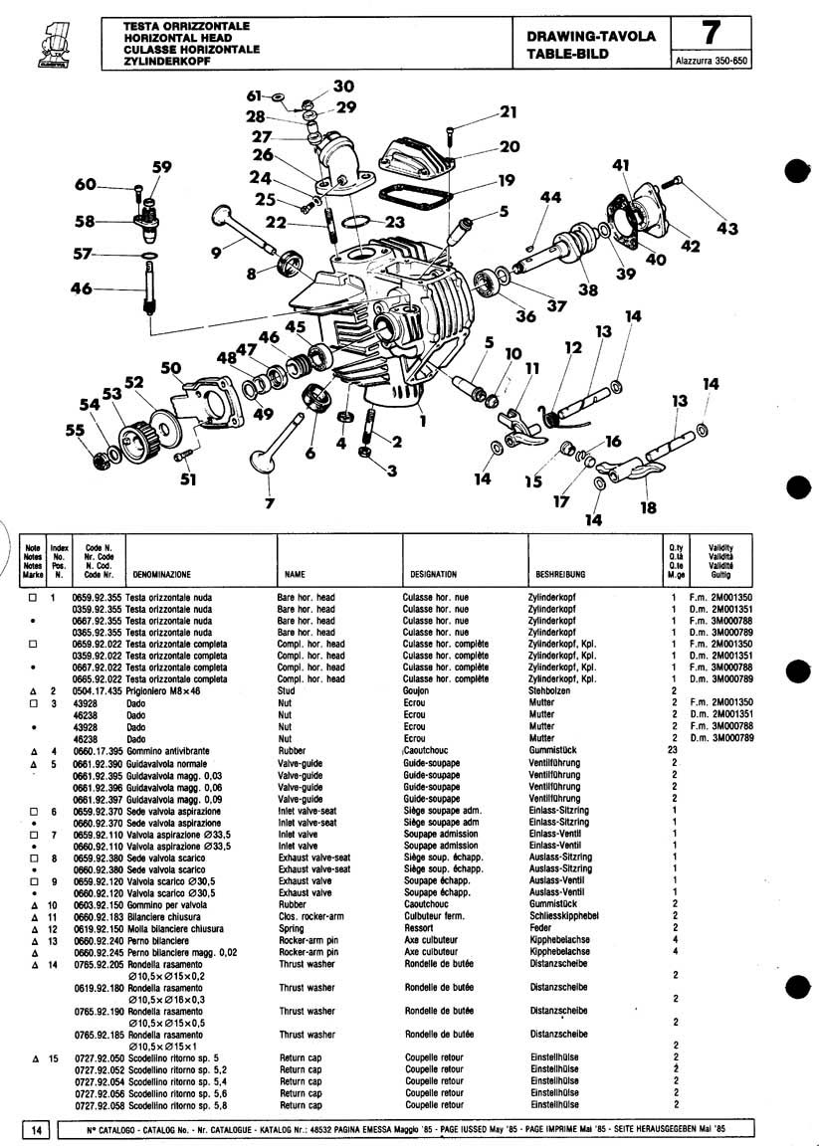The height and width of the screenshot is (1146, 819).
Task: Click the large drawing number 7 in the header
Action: [710, 33]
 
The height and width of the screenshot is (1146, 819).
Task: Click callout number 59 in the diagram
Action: [161, 166]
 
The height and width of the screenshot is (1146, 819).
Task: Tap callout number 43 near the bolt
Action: [727, 228]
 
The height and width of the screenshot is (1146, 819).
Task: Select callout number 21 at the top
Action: [509, 111]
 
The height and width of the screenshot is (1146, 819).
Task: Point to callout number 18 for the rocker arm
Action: [649, 507]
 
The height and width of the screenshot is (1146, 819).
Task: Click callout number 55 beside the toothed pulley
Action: [76, 430]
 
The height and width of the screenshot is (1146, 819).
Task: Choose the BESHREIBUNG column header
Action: [560, 574]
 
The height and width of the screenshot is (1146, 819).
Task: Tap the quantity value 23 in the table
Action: [674, 750]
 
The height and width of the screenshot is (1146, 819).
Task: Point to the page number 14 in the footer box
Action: [36, 1129]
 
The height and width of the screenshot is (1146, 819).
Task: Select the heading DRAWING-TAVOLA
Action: [591, 37]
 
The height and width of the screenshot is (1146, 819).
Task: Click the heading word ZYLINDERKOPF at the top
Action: [163, 62]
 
